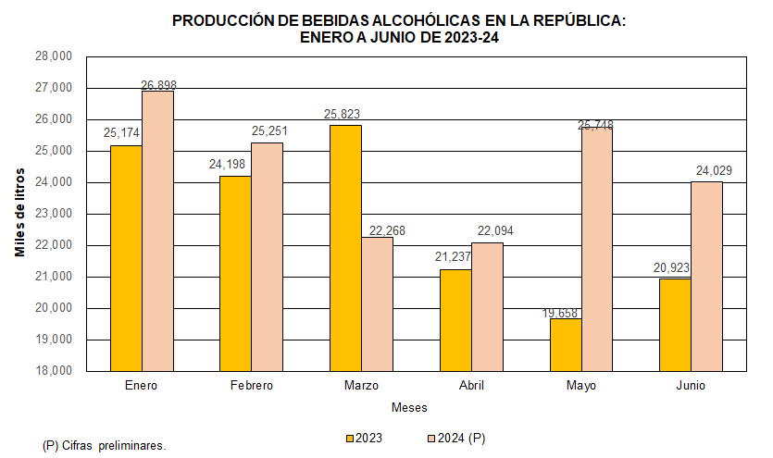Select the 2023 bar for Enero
tap(126, 258)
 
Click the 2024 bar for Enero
tap(157, 231)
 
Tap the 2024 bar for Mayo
tap(597, 249)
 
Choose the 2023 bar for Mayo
tap(566, 344)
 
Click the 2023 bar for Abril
tap(455, 319)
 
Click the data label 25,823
tap(342, 115)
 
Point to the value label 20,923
tap(672, 268)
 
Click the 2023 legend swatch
tap(350, 438)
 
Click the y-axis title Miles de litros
tap(19, 214)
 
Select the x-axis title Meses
tap(408, 407)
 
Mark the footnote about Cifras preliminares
tap(104, 445)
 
